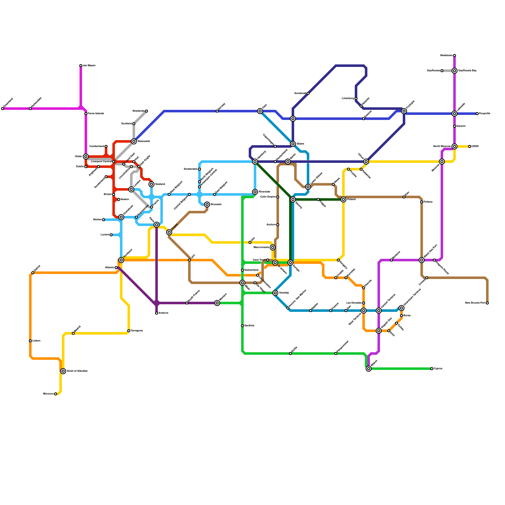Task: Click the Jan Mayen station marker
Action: pyautogui.click(x=81, y=66)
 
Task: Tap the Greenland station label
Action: pyautogui.click(x=8, y=103)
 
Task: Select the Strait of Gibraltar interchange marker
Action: pyautogui.click(x=63, y=371)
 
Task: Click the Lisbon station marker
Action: pyautogui.click(x=30, y=341)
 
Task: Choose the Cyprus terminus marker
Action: pyautogui.click(x=432, y=369)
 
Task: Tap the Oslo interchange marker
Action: pyautogui.click(x=260, y=111)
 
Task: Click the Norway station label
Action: pyautogui.click(x=222, y=106)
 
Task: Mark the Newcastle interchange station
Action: pyautogui.click(x=134, y=141)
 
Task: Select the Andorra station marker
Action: pyautogui.click(x=157, y=313)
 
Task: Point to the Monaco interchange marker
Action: pyautogui.click(x=217, y=303)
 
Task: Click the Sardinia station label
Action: pyautogui.click(x=249, y=325)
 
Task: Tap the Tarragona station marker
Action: pyautogui.click(x=129, y=331)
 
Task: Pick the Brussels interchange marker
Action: pyautogui.click(x=207, y=205)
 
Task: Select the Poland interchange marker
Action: pyautogui.click(x=343, y=199)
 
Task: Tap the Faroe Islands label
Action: pyautogui.click(x=96, y=114)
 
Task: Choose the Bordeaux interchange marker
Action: pyautogui.click(x=121, y=260)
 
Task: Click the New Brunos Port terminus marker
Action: pyautogui.click(x=487, y=303)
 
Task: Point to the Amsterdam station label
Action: pyautogui.click(x=191, y=169)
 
